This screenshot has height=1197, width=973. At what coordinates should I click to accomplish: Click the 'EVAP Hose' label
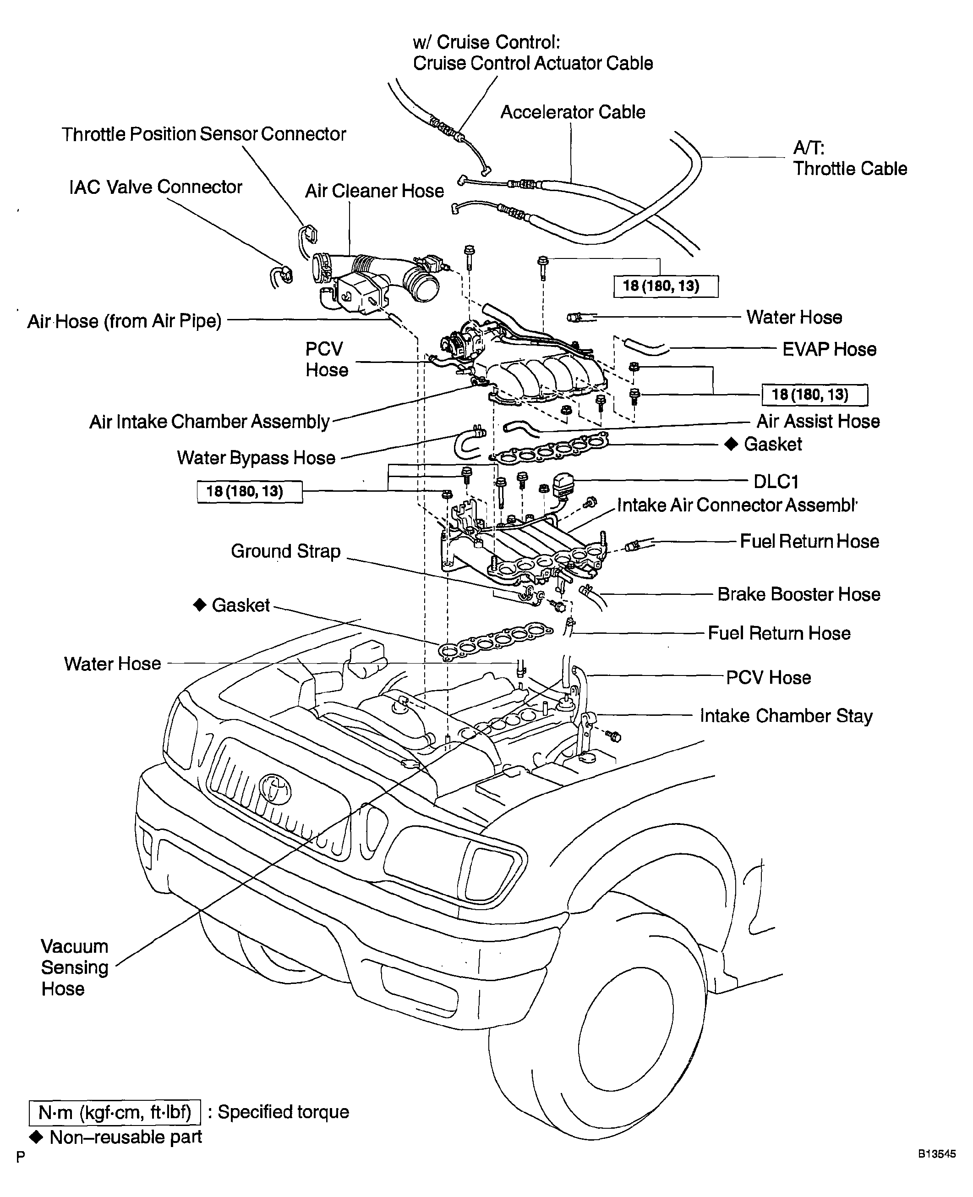point(830,349)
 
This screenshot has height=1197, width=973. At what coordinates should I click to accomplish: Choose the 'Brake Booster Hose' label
point(798,594)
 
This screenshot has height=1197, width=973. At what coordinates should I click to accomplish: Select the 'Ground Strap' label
point(286,551)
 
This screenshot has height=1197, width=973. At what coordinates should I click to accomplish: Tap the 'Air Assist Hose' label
point(818,421)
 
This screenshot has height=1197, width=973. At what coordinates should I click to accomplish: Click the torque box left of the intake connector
point(250,492)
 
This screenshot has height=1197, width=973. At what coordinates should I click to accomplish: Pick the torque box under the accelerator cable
point(666,286)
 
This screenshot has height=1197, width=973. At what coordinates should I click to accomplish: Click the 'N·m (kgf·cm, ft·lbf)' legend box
point(115,1112)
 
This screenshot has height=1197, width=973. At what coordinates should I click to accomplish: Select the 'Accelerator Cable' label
point(573,112)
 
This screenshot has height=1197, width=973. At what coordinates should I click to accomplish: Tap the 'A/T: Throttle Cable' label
point(850,158)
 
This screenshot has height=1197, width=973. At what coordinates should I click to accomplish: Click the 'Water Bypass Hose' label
point(256,458)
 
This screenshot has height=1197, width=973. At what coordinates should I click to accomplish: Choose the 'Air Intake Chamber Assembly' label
point(210,422)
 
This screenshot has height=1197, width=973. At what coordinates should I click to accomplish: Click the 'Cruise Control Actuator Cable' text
point(533,63)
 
